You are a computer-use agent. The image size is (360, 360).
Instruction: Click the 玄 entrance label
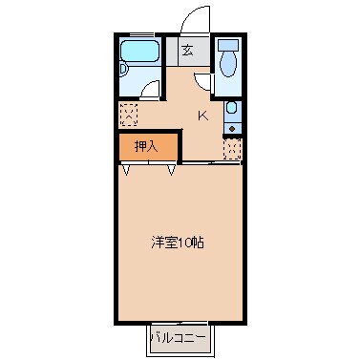click(x=188, y=52)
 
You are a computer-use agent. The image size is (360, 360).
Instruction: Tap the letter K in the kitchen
click(x=202, y=116)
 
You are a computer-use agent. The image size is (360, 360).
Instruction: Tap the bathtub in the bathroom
click(x=141, y=54)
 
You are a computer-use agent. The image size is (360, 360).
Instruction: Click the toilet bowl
click(x=227, y=64)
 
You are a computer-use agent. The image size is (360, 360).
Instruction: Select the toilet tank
click(x=227, y=44)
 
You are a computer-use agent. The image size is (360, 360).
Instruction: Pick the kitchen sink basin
click(x=232, y=111)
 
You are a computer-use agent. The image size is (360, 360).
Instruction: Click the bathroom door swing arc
click(x=152, y=92)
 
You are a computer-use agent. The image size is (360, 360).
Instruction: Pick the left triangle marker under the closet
click(x=128, y=169)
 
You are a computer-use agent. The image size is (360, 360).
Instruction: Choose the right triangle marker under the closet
click(x=172, y=169)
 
